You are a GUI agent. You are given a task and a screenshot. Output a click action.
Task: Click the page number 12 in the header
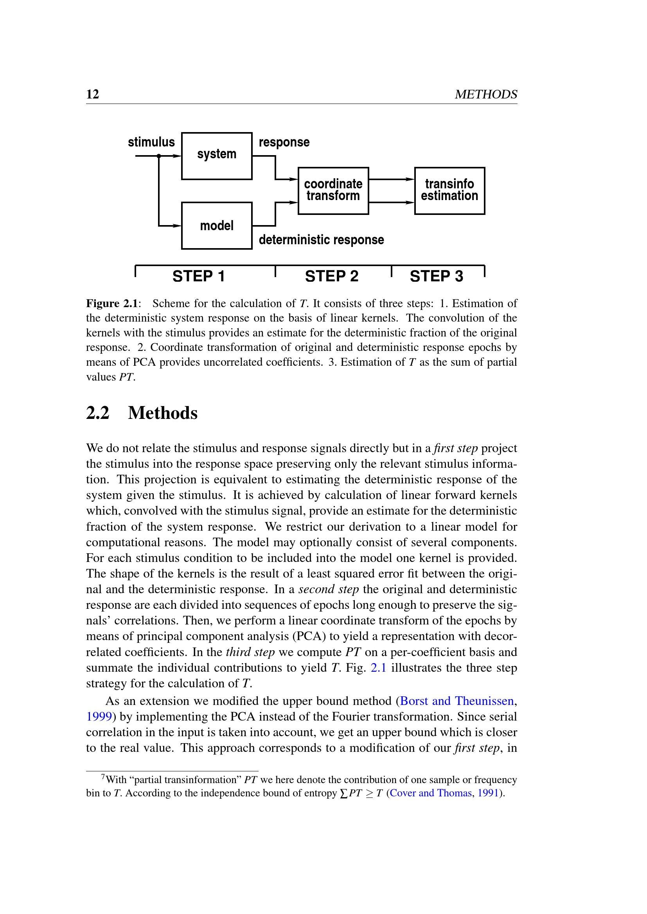pos(92,94)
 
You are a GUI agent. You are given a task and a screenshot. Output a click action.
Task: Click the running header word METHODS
pos(486,94)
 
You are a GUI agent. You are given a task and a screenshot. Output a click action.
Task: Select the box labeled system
pos(216,156)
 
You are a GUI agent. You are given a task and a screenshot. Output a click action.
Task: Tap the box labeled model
pos(216,226)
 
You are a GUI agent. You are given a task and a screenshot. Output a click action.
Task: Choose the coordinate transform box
pos(333,191)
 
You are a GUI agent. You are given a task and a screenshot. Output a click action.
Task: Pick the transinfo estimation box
pos(449,191)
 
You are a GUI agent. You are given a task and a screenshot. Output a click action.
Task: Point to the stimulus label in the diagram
pos(151,142)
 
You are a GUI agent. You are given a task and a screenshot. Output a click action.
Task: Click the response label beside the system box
pos(284,142)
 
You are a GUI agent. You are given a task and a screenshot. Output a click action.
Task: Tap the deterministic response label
pos(321,240)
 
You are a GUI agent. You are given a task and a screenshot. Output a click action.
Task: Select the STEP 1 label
pos(198,276)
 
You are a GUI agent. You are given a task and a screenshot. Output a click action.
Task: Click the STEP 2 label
pos(331,276)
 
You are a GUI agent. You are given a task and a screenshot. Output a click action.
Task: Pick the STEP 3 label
pos(436,276)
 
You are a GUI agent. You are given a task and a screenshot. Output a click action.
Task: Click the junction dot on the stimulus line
pos(158,156)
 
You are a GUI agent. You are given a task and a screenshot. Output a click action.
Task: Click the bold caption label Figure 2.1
pos(112,303)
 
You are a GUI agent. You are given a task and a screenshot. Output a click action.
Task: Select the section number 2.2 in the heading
pos(98,413)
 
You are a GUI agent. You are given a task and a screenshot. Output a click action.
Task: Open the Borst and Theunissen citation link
pos(456,701)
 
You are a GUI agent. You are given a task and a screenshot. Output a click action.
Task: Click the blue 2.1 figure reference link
pos(378,667)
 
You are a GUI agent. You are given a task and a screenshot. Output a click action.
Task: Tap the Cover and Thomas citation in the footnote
pos(430,793)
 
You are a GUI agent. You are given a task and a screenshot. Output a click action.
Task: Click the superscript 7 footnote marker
pos(103,777)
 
